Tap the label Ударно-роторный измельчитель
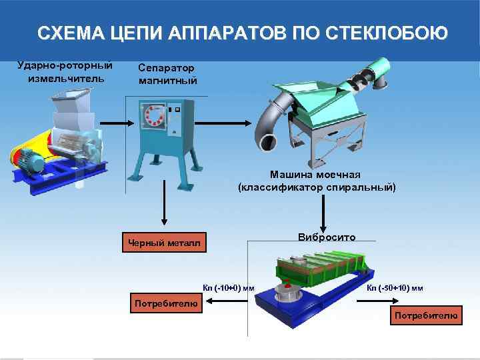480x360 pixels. click(x=65, y=72)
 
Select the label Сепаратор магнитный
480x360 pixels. click(x=167, y=74)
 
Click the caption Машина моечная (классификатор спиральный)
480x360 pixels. click(x=317, y=181)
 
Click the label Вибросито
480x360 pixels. click(x=327, y=237)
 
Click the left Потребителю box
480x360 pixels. click(x=165, y=304)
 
